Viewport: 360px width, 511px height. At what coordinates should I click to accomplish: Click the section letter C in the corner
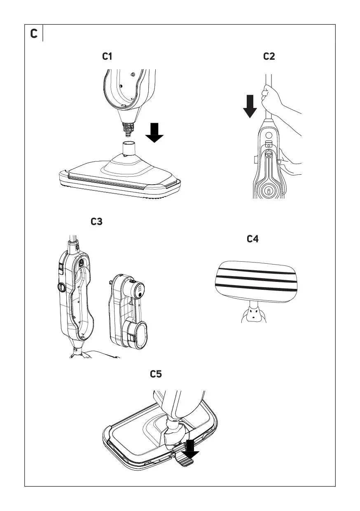[34, 33]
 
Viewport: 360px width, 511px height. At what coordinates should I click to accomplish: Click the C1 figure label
[107, 56]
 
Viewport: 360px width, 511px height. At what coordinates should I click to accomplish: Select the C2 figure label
[269, 56]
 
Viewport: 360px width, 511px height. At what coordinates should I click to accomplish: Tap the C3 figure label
[96, 221]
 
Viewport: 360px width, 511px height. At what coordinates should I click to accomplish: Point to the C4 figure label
[252, 239]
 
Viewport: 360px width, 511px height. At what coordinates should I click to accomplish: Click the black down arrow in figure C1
[154, 133]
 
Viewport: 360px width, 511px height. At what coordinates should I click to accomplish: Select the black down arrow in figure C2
[250, 106]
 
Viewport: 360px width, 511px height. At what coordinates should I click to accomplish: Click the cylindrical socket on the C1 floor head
[129, 148]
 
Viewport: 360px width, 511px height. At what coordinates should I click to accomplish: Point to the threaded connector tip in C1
[128, 129]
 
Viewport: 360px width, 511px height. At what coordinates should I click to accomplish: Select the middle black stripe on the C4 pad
[257, 279]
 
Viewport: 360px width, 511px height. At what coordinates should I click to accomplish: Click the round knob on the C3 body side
[61, 287]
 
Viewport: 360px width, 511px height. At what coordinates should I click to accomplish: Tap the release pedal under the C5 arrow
[184, 459]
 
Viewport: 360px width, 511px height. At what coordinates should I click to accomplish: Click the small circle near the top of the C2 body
[269, 135]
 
